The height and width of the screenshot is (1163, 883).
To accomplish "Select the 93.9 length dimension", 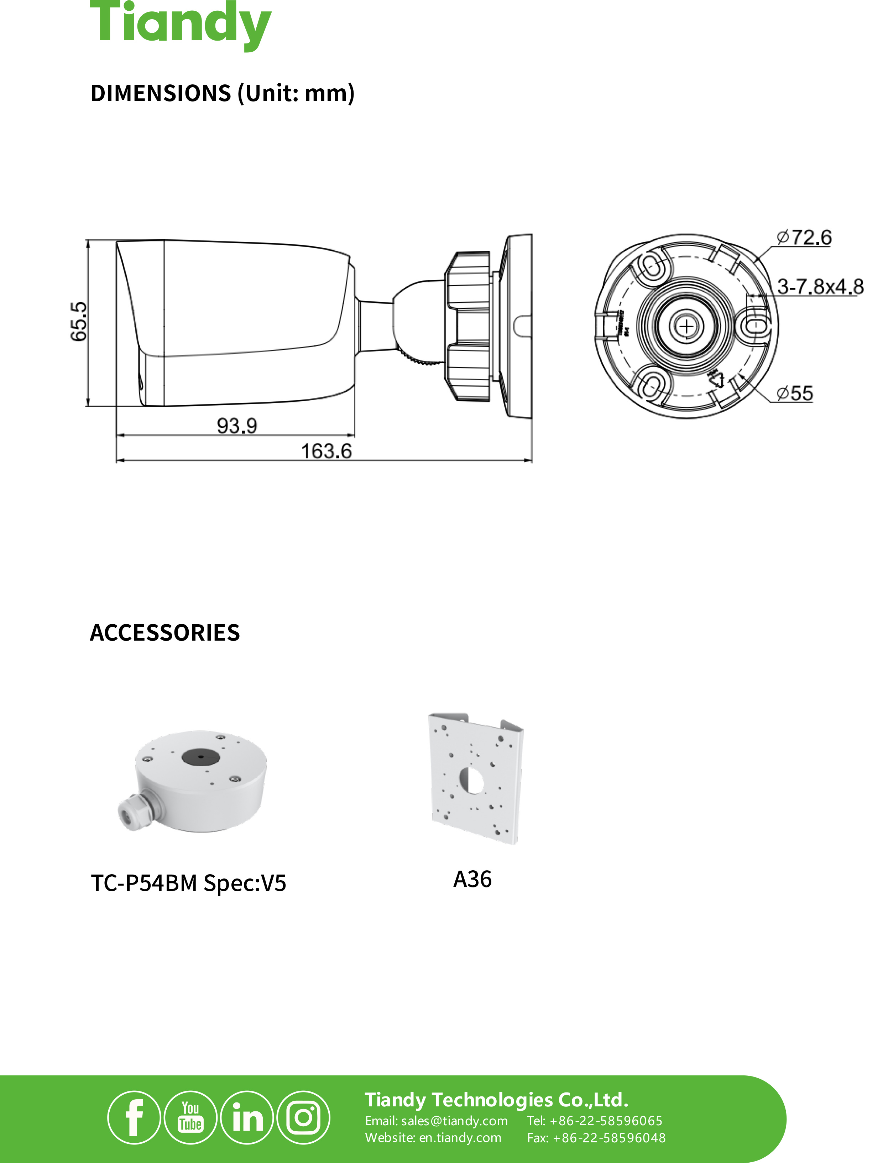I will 237,425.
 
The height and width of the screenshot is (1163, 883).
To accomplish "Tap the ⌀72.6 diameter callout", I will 804,238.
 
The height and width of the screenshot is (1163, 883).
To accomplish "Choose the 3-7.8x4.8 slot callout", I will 820,287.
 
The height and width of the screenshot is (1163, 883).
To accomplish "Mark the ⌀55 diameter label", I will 795,393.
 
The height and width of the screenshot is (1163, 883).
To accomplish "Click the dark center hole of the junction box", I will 200,757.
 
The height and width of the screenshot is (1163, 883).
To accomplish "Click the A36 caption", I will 472,880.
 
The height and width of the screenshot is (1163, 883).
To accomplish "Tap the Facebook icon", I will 134,1117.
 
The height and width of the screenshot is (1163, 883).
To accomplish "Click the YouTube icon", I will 190,1117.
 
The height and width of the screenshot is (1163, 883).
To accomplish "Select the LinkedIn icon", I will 247,1117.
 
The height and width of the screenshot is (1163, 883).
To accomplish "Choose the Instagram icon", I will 303,1117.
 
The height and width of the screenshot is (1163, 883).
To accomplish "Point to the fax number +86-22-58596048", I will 608,1138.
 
